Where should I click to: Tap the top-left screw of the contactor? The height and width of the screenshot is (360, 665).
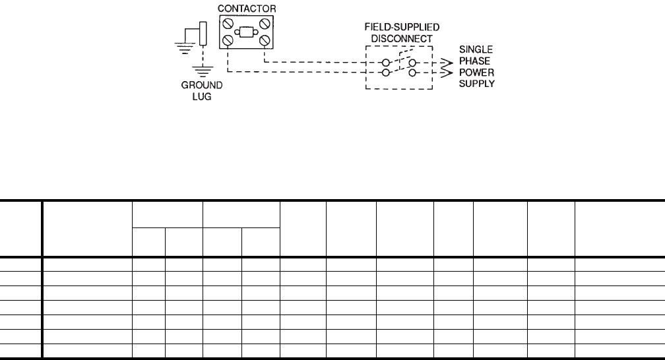tap(228, 23)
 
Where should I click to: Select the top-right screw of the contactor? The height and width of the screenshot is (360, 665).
tap(265, 23)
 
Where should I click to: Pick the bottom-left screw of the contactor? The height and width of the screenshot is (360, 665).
tap(228, 41)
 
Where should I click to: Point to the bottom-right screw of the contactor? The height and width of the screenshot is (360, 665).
tap(265, 41)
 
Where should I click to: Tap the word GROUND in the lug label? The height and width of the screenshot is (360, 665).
tap(203, 84)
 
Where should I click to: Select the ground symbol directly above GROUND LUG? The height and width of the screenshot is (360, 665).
tap(203, 71)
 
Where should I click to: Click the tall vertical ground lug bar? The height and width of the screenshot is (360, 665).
tap(203, 34)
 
